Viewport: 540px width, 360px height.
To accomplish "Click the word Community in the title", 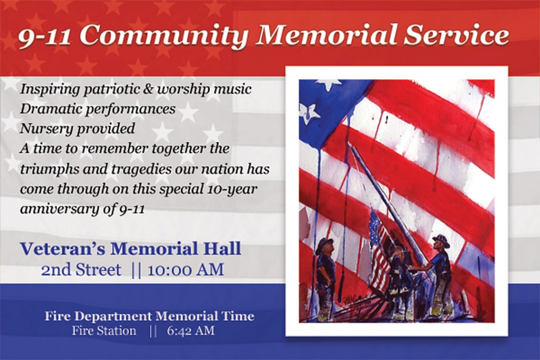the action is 164,36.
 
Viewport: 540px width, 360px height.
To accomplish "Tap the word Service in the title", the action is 456,34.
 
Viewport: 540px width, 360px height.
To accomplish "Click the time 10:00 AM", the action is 185,269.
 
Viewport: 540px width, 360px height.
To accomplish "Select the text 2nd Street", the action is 81,269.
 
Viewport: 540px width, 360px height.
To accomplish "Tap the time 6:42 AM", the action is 191,331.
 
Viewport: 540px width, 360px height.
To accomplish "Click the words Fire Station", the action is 104,331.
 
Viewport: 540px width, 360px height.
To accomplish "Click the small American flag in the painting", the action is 378,248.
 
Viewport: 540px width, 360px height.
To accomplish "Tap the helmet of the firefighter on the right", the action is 441,240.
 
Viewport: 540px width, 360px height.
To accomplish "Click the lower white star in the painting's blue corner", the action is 308,112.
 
